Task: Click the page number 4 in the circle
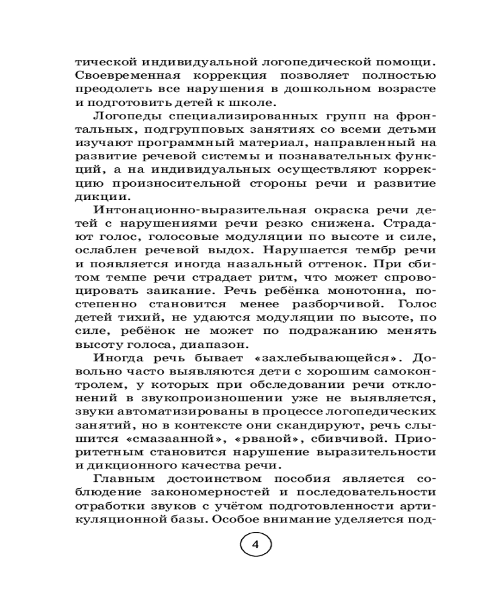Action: (x=255, y=544)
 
